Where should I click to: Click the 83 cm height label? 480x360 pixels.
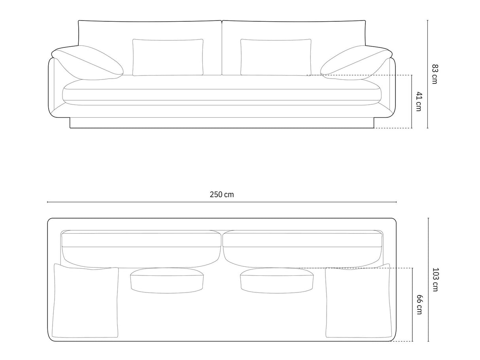coord(435,74)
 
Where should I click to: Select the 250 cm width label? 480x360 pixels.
coord(222,194)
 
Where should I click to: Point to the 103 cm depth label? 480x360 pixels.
coord(436,279)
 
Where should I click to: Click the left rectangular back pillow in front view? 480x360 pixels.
coord(168,57)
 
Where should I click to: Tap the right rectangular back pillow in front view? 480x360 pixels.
coord(276,57)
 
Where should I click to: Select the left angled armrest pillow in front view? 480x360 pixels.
coord(87,63)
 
